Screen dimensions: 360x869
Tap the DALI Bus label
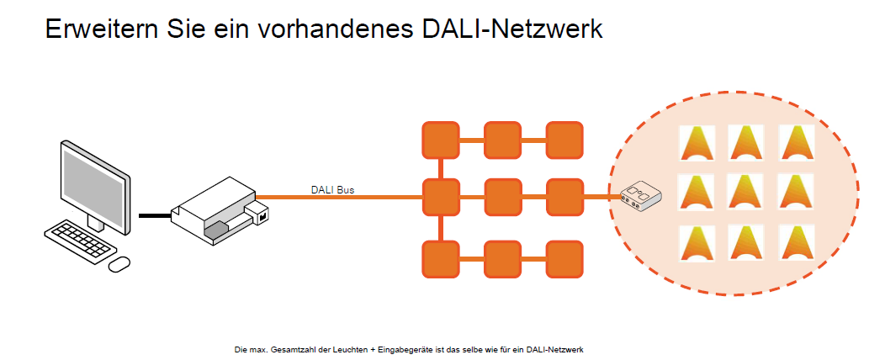pos(332,190)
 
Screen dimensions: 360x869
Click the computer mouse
pos(119,263)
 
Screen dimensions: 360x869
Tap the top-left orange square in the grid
pos(440,140)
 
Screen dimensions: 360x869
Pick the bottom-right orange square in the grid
pos(564,258)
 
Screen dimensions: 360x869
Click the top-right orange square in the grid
pos(564,140)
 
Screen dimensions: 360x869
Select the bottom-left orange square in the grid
pos(440,258)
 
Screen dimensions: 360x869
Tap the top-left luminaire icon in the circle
pos(697,142)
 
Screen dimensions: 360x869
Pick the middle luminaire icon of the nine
pos(745,192)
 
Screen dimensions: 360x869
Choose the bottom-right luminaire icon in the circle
pos(795,241)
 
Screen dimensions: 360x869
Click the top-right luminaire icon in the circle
pos(795,142)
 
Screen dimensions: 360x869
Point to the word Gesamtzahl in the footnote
pos(294,348)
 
